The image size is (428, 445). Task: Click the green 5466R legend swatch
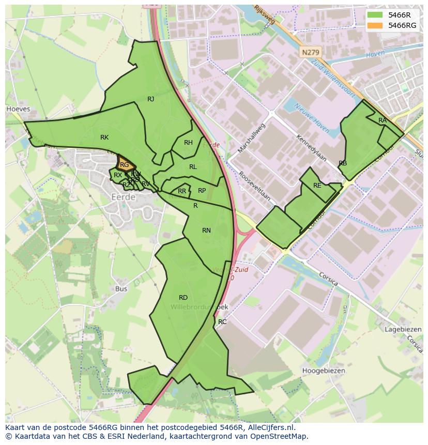click(x=375, y=15)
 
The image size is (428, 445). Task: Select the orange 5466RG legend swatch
click(x=375, y=25)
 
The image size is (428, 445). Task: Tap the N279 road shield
click(x=310, y=53)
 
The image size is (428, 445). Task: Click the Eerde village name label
click(x=124, y=197)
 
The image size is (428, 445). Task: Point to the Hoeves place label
click(x=18, y=109)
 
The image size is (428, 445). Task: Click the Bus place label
click(x=121, y=289)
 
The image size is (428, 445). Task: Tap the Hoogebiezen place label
click(x=324, y=371)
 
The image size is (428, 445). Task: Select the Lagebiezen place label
click(x=403, y=329)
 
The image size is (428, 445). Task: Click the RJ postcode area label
click(x=150, y=99)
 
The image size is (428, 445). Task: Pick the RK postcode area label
click(x=104, y=137)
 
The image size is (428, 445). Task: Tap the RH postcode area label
click(x=188, y=143)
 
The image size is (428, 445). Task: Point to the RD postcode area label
click(x=183, y=297)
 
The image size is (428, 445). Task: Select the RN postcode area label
click(x=206, y=231)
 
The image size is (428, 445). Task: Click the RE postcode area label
click(x=317, y=186)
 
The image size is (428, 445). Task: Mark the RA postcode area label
click(x=382, y=120)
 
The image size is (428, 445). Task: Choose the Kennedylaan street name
click(x=311, y=147)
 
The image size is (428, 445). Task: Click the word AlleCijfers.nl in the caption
click(x=269, y=427)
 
